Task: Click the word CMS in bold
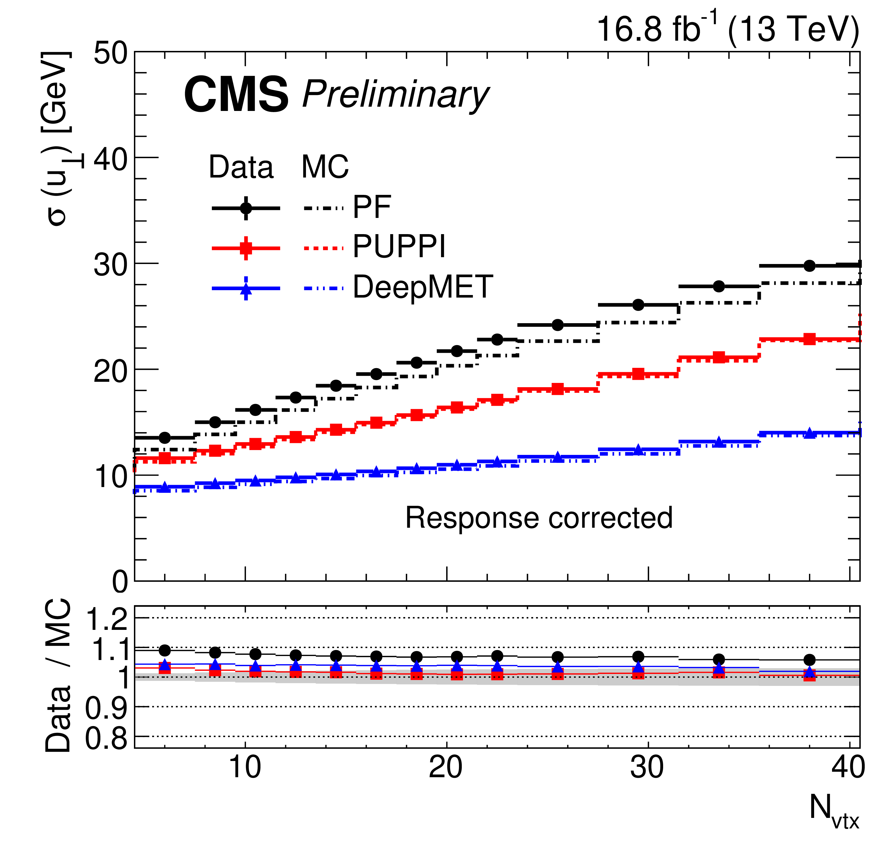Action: click(x=236, y=95)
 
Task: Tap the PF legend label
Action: click(x=372, y=207)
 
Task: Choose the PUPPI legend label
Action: click(x=399, y=247)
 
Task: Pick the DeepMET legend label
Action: click(x=423, y=287)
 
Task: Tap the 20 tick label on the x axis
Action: click(x=446, y=768)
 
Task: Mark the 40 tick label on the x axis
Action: click(x=848, y=768)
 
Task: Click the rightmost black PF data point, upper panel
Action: click(x=809, y=266)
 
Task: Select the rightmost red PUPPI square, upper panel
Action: click(x=809, y=339)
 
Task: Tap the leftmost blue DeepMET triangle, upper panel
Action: click(x=165, y=487)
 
